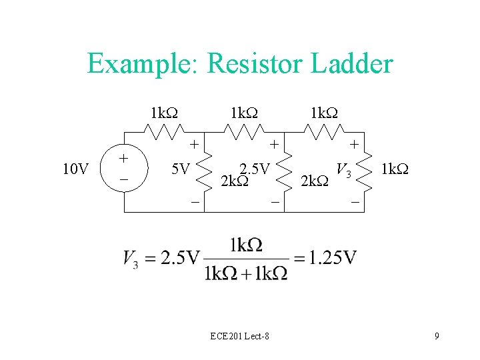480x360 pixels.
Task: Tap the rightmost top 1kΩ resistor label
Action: point(325,112)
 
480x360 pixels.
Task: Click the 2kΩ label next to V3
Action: point(315,180)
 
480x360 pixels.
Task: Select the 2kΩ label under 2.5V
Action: point(234,180)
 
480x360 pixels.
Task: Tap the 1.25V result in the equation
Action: point(333,257)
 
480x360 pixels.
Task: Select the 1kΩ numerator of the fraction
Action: point(245,245)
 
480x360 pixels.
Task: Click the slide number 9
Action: point(436,336)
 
